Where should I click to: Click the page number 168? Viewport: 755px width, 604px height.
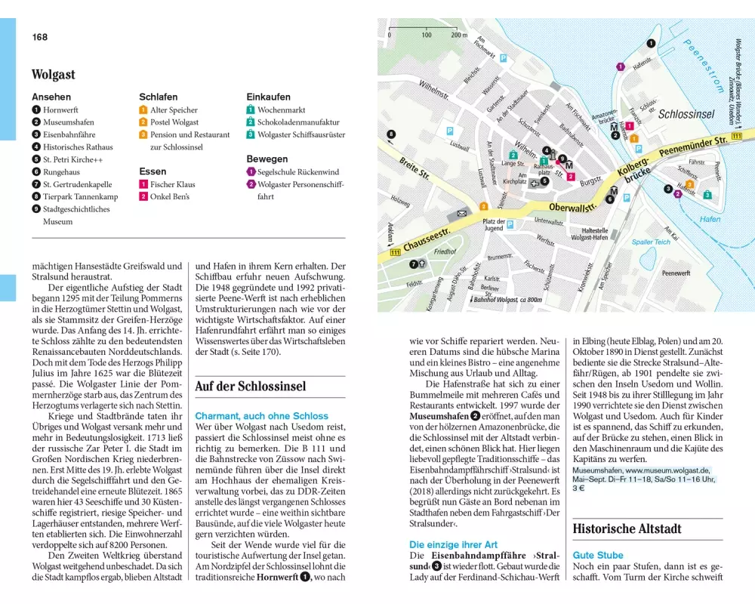coord(39,37)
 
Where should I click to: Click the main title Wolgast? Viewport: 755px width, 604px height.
coord(53,75)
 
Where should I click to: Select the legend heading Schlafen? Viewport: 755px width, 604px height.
coord(158,97)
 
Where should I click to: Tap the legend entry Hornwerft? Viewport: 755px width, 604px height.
coord(63,109)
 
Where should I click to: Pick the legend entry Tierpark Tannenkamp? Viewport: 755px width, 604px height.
coord(80,196)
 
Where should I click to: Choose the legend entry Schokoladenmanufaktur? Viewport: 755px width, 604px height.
coord(298,122)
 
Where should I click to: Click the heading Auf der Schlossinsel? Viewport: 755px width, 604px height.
coord(250,387)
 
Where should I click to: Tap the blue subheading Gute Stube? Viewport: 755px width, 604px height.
coord(598,555)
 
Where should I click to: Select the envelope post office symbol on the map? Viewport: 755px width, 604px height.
coord(461,215)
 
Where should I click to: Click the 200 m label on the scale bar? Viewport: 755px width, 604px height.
coord(460,35)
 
